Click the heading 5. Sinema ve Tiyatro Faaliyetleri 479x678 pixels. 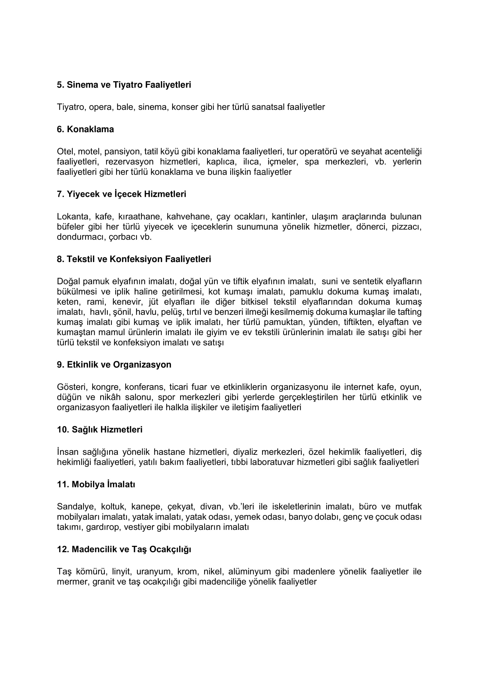tap(124, 85)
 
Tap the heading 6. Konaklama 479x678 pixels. tap(85, 129)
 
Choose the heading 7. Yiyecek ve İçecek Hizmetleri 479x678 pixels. tap(121, 194)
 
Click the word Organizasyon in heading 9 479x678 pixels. tap(142, 365)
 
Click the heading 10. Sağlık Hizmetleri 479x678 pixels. tap(99, 430)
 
